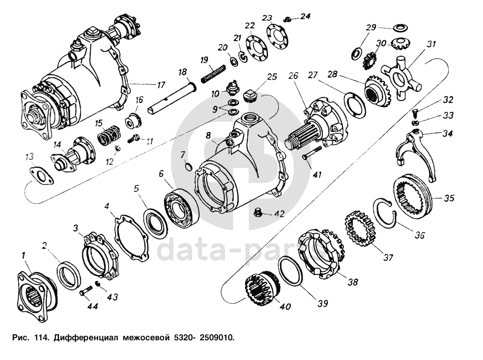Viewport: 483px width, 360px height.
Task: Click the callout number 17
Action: pos(161,85)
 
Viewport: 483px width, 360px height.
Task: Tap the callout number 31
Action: pos(430,44)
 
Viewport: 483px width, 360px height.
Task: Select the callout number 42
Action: pos(279,214)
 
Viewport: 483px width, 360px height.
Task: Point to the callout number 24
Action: pos(305,16)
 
